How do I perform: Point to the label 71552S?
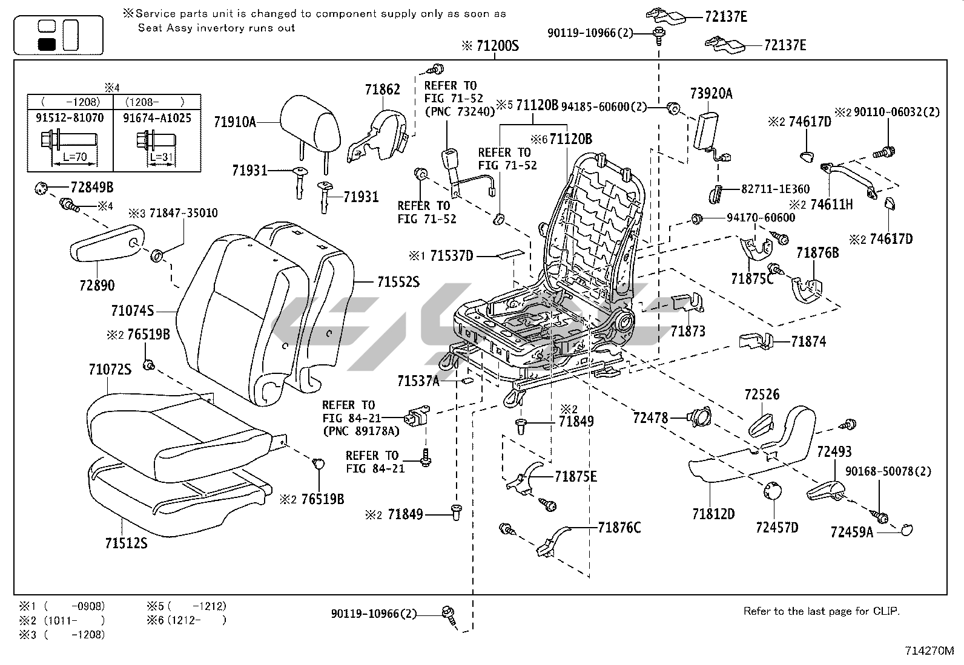point(398,282)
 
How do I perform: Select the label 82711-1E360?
point(775,189)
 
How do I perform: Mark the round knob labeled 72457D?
point(772,491)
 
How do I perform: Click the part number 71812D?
point(713,514)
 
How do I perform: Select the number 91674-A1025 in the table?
point(157,117)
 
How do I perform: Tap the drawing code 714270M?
point(929,651)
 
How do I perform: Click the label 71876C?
point(619,528)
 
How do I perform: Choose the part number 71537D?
point(451,256)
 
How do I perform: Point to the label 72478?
point(650,418)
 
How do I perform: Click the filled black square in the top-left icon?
point(47,44)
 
